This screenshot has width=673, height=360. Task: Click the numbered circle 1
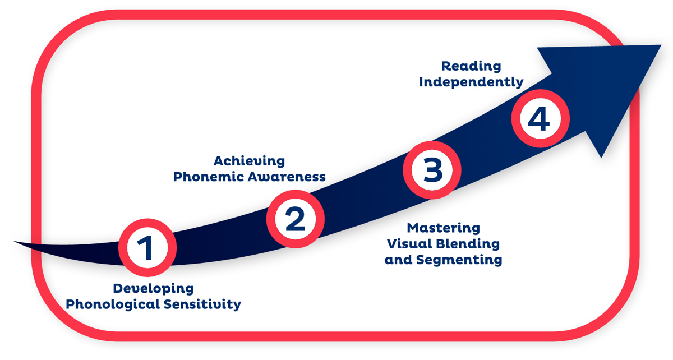pos(147,248)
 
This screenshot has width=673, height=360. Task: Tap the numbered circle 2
pos(296,219)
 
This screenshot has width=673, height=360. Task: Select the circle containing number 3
pos(432,170)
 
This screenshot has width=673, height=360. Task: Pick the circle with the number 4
pos(541,118)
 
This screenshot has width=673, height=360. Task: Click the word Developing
pos(153,289)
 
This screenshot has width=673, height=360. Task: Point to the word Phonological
pos(113,304)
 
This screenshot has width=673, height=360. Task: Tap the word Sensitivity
pos(202,304)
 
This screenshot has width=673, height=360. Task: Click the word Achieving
pos(250,161)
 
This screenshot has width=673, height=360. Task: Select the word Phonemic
pos(209,177)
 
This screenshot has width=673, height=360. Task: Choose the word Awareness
pos(287,177)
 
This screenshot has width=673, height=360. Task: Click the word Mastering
pos(444,228)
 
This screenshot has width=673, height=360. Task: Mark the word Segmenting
pos(459,260)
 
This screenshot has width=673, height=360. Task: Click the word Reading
pos(471,66)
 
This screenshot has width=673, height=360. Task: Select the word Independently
pos(471,82)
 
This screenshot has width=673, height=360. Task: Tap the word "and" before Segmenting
pos(398,260)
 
